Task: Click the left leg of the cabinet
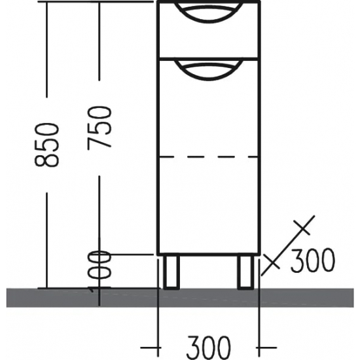[172, 272]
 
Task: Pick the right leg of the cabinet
[245, 272]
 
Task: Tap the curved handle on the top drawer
[208, 9]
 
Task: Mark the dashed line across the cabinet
[208, 157]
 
